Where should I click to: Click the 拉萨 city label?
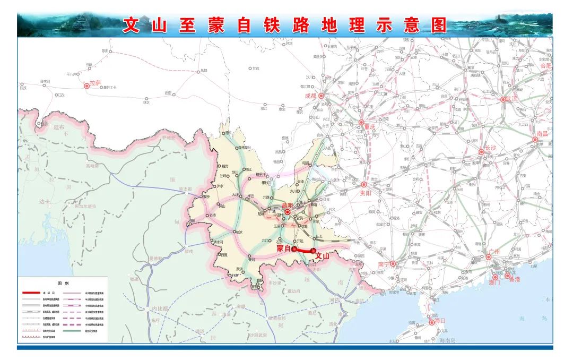95,83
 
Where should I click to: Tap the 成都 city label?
310,96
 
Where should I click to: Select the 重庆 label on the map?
369,127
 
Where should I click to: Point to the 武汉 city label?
511,98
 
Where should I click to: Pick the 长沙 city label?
490,148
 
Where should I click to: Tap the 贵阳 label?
367,193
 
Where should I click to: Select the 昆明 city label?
287,205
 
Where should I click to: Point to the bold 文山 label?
322,256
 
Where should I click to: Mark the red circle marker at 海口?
430,321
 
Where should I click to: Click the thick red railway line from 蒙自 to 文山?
303,250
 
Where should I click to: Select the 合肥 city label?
545,66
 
